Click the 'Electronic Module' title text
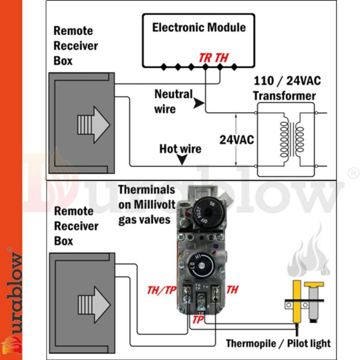coord(199,27)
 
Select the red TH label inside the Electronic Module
coord(221,58)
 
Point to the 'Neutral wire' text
coord(173,101)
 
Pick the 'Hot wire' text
coord(180,149)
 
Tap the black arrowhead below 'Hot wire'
coord(181,161)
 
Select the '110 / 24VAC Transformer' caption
coord(284,89)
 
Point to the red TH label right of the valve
coord(232,290)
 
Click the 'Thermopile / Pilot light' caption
coord(278,344)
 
